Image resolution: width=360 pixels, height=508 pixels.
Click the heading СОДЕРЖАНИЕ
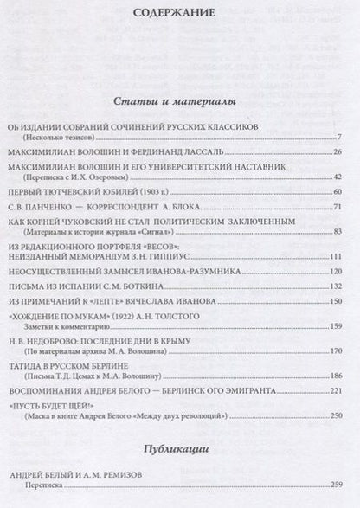[180, 13]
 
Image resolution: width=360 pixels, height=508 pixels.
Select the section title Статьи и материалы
[179, 101]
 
